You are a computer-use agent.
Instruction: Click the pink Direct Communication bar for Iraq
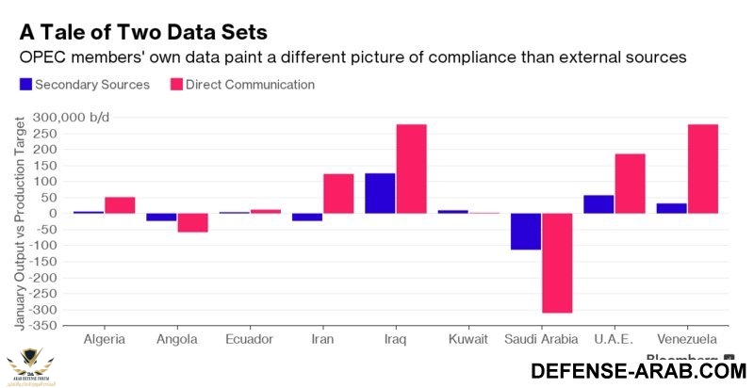411,169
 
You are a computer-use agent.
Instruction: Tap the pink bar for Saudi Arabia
557,263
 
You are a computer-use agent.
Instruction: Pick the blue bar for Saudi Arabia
526,232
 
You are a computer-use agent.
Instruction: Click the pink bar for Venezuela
703,169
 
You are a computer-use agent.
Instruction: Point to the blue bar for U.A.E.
598,203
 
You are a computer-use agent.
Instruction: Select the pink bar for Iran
338,193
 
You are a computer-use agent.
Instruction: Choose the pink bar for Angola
192,222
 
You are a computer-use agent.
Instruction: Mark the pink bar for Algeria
120,204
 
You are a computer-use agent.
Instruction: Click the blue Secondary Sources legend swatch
26,85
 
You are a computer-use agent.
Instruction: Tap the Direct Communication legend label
250,85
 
